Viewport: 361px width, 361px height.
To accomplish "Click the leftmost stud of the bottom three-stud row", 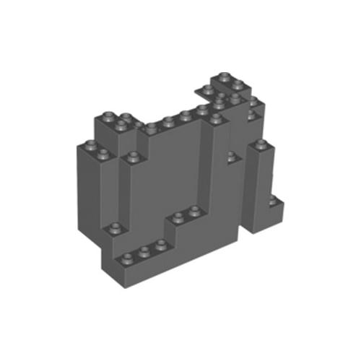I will [130, 257].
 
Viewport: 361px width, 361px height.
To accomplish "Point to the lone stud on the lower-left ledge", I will [113, 229].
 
